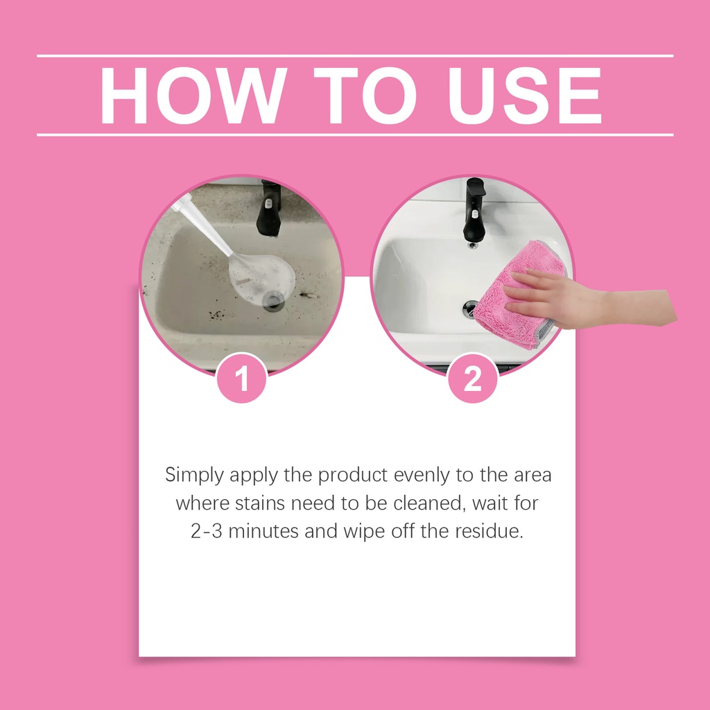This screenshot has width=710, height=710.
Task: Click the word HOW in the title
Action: click(193, 96)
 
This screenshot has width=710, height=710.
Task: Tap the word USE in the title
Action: click(524, 96)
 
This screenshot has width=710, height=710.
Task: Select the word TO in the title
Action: click(365, 96)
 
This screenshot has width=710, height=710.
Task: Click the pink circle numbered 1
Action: click(242, 379)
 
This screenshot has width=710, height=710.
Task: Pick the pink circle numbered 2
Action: click(473, 379)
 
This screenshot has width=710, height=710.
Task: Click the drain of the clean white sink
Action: click(471, 309)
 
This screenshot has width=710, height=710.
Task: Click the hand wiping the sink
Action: click(589, 300)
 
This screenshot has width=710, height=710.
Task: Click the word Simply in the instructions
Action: click(194, 476)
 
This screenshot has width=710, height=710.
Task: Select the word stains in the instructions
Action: click(260, 503)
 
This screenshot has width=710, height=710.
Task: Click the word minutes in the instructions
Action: click(263, 531)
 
